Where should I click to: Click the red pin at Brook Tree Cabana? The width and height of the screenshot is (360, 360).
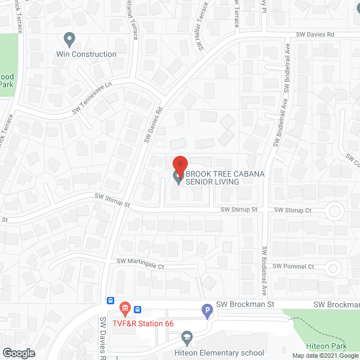(x=179, y=164)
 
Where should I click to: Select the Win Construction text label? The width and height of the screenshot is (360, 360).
(x=86, y=55)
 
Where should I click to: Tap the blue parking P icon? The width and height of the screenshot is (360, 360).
(x=207, y=309)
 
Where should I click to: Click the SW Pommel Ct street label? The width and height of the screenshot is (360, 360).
(x=293, y=266)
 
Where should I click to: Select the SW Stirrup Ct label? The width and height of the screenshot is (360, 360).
(x=292, y=210)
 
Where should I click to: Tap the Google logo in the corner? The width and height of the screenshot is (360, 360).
(x=19, y=353)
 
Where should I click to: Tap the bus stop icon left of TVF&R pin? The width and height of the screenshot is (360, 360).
(x=111, y=301)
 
